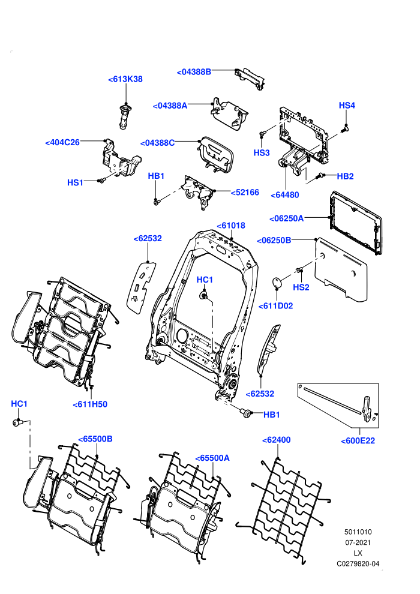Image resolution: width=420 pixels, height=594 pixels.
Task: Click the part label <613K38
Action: [125, 79]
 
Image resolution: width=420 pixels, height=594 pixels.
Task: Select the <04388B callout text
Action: [194, 71]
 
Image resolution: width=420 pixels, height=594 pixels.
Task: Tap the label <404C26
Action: [62, 142]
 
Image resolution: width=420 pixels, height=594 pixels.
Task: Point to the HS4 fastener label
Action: [347, 106]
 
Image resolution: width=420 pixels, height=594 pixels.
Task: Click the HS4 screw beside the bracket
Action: [344, 129]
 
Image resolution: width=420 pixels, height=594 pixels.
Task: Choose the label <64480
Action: [285, 195]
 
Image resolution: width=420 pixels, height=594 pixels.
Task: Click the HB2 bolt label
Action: [345, 176]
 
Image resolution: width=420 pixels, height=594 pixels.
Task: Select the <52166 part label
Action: [245, 193]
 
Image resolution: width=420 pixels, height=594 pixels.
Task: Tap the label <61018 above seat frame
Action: [231, 226]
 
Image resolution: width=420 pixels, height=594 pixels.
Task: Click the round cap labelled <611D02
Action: [278, 282]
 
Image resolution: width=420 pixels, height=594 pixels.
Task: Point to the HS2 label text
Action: [301, 287]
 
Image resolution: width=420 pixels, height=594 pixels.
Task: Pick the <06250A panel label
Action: [286, 218]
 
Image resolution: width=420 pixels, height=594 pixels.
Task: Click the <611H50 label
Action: [90, 404]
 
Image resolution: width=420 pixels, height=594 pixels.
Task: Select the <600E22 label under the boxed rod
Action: [358, 440]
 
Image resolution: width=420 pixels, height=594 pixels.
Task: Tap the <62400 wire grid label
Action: [277, 440]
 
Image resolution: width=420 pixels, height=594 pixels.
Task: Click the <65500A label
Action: [212, 458]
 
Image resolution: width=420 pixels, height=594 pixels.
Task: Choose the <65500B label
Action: [95, 439]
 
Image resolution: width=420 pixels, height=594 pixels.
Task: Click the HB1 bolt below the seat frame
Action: [247, 413]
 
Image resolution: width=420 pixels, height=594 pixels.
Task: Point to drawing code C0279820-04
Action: [358, 563]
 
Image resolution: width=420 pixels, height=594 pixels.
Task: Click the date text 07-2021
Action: [358, 542]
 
